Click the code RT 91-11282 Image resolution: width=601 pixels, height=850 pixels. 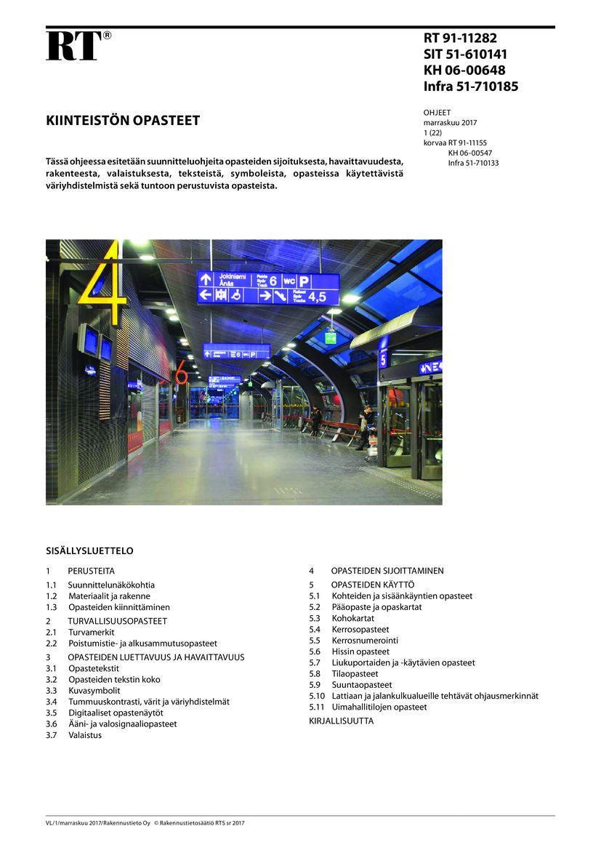click(x=460, y=39)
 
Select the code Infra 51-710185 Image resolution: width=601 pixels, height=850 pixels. click(x=470, y=87)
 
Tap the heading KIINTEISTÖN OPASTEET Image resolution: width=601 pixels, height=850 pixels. click(x=123, y=121)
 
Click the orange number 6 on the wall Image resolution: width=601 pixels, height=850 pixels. click(x=181, y=372)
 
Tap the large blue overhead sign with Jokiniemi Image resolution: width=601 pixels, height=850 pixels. click(x=268, y=288)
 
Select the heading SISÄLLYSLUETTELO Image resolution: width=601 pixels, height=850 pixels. click(x=89, y=551)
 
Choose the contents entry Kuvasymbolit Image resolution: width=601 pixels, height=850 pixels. click(x=94, y=691)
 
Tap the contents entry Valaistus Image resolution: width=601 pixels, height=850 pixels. click(x=85, y=735)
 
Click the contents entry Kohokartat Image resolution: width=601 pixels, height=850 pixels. click(x=353, y=618)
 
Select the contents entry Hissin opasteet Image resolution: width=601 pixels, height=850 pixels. click(x=361, y=651)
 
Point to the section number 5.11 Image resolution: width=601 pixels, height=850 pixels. click(x=317, y=707)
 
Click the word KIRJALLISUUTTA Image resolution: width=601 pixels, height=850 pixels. click(x=342, y=721)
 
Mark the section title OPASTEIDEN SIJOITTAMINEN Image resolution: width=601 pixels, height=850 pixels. click(x=387, y=571)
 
